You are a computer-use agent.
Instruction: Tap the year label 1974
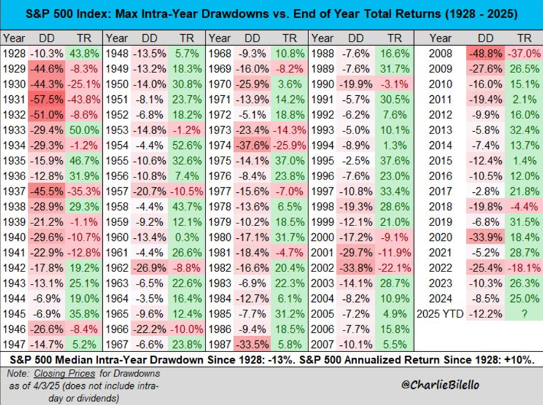tap(221, 146)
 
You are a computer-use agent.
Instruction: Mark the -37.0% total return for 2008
tap(523, 54)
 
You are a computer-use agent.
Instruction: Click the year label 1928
tap(14, 54)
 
